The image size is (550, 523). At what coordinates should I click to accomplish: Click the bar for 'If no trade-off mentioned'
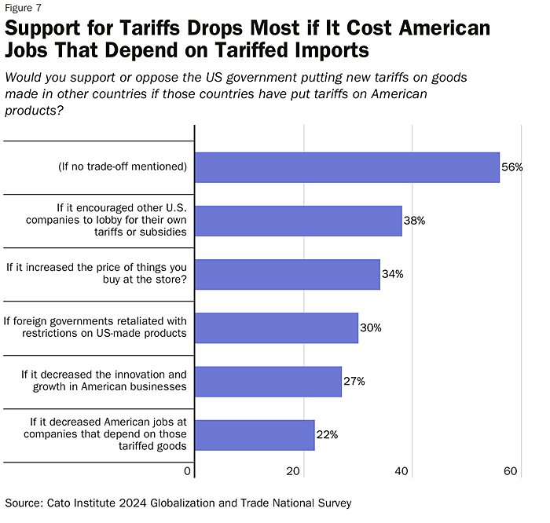point(346,167)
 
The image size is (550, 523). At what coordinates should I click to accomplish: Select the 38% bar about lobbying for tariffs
point(298,221)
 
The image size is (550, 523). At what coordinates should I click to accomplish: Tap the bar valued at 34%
point(287,274)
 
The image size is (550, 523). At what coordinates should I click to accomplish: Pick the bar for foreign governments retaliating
point(276,327)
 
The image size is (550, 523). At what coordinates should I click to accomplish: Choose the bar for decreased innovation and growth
point(268,381)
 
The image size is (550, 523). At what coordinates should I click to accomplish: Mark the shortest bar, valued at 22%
point(255,434)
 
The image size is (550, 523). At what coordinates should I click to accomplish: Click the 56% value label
point(512,167)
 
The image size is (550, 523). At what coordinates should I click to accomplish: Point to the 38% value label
point(414,221)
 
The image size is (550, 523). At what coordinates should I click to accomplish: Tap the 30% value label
point(370,327)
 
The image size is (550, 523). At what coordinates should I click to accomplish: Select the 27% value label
point(354,381)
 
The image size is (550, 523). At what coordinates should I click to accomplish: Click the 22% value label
point(327,434)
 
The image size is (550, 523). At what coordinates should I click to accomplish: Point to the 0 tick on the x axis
point(188,471)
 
